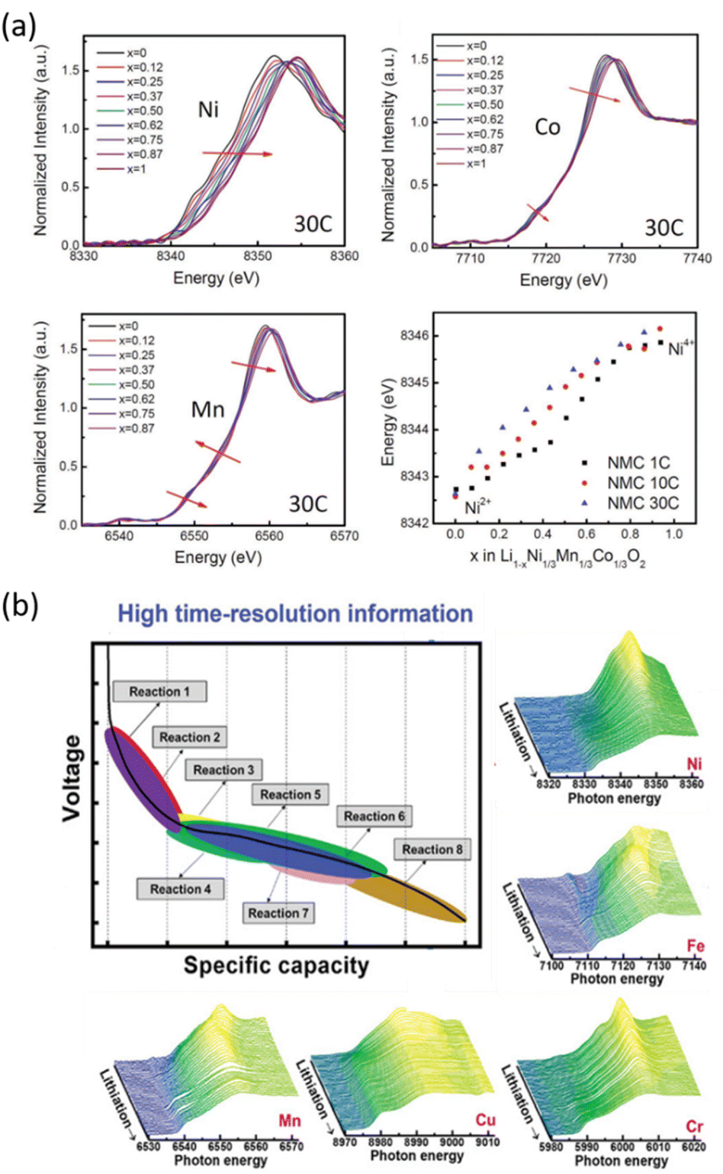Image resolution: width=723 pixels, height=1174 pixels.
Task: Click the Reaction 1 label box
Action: pyautogui.click(x=159, y=692)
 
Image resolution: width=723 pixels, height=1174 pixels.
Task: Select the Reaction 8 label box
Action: pyautogui.click(x=432, y=849)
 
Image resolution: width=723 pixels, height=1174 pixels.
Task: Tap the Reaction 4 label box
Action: pyautogui.click(x=180, y=889)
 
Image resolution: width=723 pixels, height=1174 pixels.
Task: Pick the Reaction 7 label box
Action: pyautogui.click(x=278, y=913)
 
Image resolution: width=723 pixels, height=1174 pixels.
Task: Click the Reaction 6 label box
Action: pyautogui.click(x=374, y=816)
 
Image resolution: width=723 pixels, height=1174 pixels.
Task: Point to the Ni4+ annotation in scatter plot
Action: pyautogui.click(x=681, y=349)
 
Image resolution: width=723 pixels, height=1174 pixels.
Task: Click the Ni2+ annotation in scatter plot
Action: pyautogui.click(x=477, y=506)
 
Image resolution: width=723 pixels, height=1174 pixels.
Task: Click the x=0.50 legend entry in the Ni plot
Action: pyautogui.click(x=144, y=111)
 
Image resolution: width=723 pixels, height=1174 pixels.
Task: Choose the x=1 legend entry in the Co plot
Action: pyautogui.click(x=476, y=163)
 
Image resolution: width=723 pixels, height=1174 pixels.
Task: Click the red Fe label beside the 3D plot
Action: pyautogui.click(x=695, y=946)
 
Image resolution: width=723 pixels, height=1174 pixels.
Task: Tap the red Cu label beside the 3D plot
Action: pyautogui.click(x=485, y=1120)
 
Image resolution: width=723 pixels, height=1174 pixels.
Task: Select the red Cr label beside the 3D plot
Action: pyautogui.click(x=694, y=1127)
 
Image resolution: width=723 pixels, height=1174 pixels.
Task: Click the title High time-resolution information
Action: pyautogui.click(x=295, y=613)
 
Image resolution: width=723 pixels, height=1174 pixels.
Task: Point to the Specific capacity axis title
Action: pyautogui.click(x=276, y=966)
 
